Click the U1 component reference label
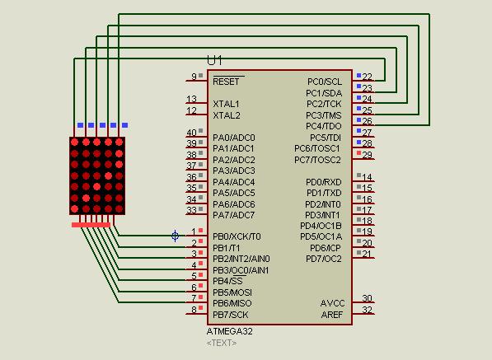click(x=214, y=60)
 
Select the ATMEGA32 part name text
click(x=230, y=331)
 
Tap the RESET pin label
click(x=226, y=82)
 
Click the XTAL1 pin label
click(x=226, y=105)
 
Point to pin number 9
click(x=194, y=77)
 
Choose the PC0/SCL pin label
click(x=325, y=82)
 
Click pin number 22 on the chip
click(x=367, y=77)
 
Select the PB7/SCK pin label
click(x=231, y=315)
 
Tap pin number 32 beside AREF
click(x=367, y=310)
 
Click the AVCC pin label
click(x=332, y=303)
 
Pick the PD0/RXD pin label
click(x=323, y=182)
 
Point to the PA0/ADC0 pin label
click(x=234, y=138)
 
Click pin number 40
click(x=191, y=133)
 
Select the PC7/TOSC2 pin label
click(x=317, y=160)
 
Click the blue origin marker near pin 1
click(x=175, y=236)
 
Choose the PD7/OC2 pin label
click(x=324, y=259)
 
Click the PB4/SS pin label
click(x=227, y=281)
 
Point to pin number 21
click(x=367, y=254)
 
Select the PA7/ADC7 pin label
click(x=234, y=215)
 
